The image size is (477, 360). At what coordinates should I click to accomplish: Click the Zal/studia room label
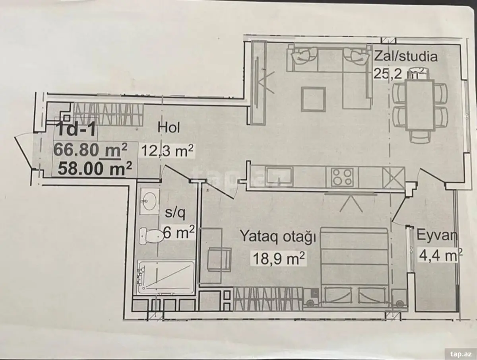[x=405, y=56]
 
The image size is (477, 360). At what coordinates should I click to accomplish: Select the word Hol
[x=169, y=128]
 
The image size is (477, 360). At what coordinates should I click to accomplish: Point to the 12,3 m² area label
[x=167, y=150]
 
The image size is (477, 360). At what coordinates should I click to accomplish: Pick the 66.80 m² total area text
[x=90, y=150]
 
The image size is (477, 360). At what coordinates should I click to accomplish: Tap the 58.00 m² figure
[x=95, y=169]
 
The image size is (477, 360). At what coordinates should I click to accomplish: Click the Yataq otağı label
[x=278, y=237]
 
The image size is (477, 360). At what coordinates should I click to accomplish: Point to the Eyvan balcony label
[x=436, y=236]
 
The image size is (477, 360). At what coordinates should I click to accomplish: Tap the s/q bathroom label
[x=175, y=213]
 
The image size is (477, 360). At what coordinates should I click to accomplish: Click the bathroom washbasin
[x=149, y=201]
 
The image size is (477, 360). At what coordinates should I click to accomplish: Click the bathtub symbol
[x=167, y=278]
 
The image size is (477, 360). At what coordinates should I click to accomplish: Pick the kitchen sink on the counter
[x=280, y=177]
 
